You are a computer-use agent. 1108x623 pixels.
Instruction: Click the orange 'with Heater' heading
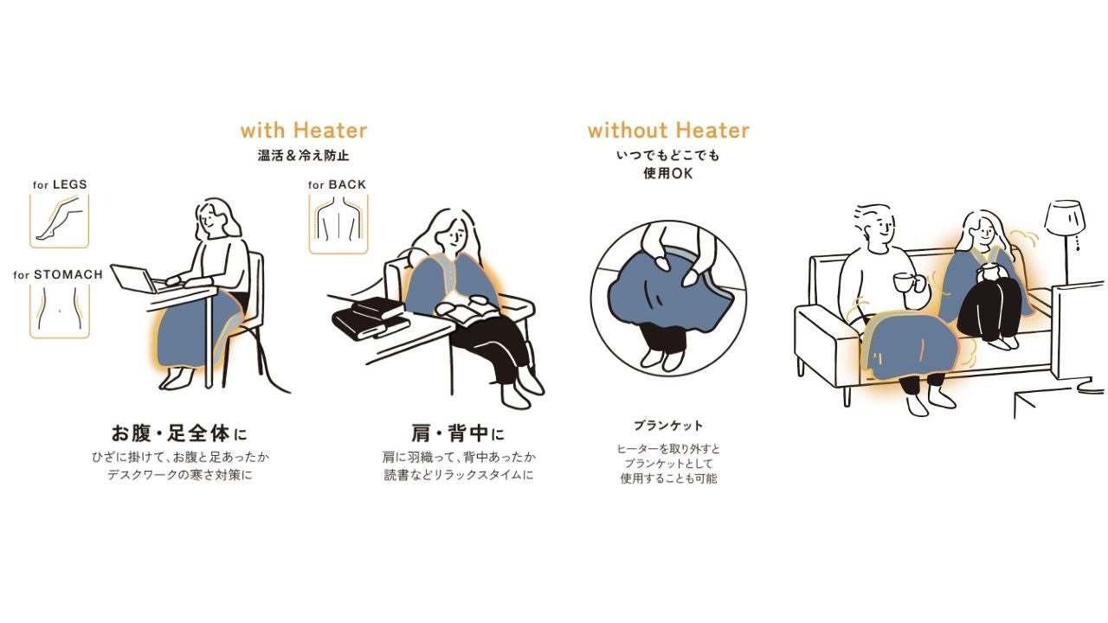(304, 131)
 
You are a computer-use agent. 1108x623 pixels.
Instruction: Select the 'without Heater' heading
(668, 131)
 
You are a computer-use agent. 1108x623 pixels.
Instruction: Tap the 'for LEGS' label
(60, 184)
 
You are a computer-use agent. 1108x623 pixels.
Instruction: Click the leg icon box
(60, 221)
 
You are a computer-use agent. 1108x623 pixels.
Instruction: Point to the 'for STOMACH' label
(58, 274)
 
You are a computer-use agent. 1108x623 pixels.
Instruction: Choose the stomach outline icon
(60, 311)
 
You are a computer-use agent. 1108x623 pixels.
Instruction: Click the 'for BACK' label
(337, 184)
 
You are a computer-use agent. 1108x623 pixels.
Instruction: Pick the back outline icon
(338, 224)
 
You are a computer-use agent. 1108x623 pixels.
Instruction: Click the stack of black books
(370, 317)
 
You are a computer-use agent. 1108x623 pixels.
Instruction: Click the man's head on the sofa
(874, 228)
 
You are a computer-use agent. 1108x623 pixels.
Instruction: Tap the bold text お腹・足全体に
(179, 434)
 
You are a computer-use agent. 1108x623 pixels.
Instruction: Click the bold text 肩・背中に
(458, 434)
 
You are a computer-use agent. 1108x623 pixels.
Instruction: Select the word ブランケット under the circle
(668, 425)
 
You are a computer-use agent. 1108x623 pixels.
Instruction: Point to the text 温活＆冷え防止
(303, 155)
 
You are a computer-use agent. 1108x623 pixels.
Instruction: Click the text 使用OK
(668, 174)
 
